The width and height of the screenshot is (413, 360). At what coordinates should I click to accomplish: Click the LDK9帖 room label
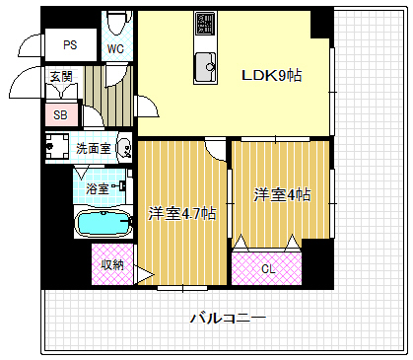(x=274, y=74)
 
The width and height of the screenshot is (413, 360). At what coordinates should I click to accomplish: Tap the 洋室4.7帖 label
(x=182, y=212)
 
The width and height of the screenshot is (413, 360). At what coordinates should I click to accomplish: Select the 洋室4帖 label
(x=282, y=194)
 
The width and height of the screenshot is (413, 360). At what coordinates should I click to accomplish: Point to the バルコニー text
(x=228, y=318)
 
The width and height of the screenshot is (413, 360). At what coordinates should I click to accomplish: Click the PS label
(x=70, y=44)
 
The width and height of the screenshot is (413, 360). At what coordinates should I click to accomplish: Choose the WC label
(x=114, y=48)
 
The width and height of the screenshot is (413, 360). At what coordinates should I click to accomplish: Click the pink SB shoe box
(x=60, y=114)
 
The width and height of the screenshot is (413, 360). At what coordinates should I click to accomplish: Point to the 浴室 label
(x=96, y=186)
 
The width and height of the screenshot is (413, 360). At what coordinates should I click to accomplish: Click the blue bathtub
(x=103, y=224)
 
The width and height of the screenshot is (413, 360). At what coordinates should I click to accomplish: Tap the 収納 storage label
(x=111, y=264)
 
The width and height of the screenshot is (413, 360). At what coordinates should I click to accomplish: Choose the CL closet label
(x=268, y=267)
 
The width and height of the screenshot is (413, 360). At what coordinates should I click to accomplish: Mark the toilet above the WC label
(x=114, y=21)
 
